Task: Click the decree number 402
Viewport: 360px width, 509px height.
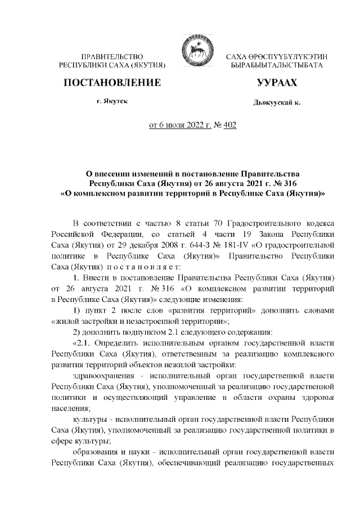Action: click(229, 125)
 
